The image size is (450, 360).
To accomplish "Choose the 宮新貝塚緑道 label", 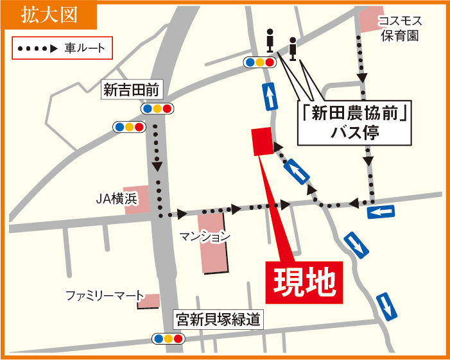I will pyautogui.click(x=220, y=319).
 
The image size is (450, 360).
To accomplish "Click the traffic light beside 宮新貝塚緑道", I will pyautogui.click(x=168, y=338).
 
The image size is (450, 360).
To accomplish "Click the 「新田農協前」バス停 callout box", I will pyautogui.click(x=355, y=122).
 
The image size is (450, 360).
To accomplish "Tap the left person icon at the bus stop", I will pyautogui.click(x=270, y=43).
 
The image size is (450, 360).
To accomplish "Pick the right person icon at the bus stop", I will pyautogui.click(x=293, y=47).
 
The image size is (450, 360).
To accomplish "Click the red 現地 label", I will pyautogui.click(x=305, y=281).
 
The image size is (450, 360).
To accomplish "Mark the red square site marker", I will pyautogui.click(x=262, y=141).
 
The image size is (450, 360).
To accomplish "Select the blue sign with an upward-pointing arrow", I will pyautogui.click(x=270, y=96).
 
